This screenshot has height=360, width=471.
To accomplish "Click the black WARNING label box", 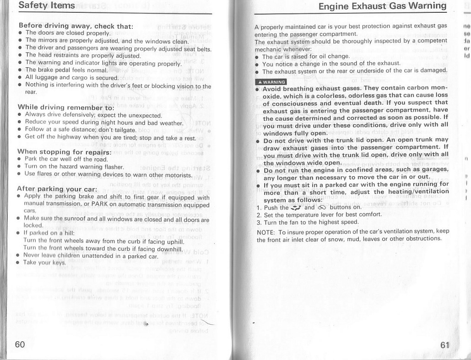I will click(270, 82).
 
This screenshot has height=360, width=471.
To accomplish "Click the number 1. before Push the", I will click(259, 207).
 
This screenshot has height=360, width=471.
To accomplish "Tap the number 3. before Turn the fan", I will click(259, 222).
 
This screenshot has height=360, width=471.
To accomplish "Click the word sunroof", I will click(78, 220).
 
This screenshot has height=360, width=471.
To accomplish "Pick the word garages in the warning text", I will click(432, 170).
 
